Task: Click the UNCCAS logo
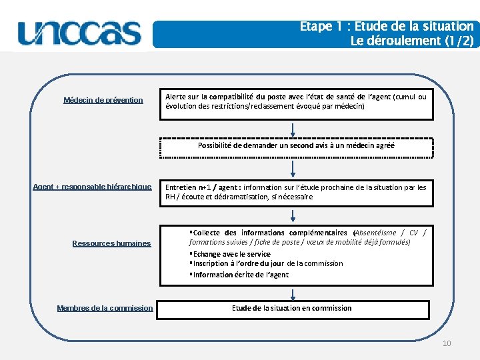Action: pos(80,33)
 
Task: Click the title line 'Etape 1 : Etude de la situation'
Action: pos(387,27)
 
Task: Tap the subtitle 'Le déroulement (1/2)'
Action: pos(412,41)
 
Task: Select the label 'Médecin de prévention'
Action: pos(103,100)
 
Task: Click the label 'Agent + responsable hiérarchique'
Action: pos(92,187)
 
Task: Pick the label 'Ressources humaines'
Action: pos(111,243)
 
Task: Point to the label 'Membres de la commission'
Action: pos(105,308)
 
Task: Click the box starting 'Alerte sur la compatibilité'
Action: pos(295,101)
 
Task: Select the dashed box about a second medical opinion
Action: pos(296,145)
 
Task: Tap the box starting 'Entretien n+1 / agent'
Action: pos(295,192)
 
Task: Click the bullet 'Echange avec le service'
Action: pos(231,254)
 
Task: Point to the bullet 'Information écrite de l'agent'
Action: pos(240,275)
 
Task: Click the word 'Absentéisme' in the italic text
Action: pos(376,233)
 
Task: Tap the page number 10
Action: pos(447,343)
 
